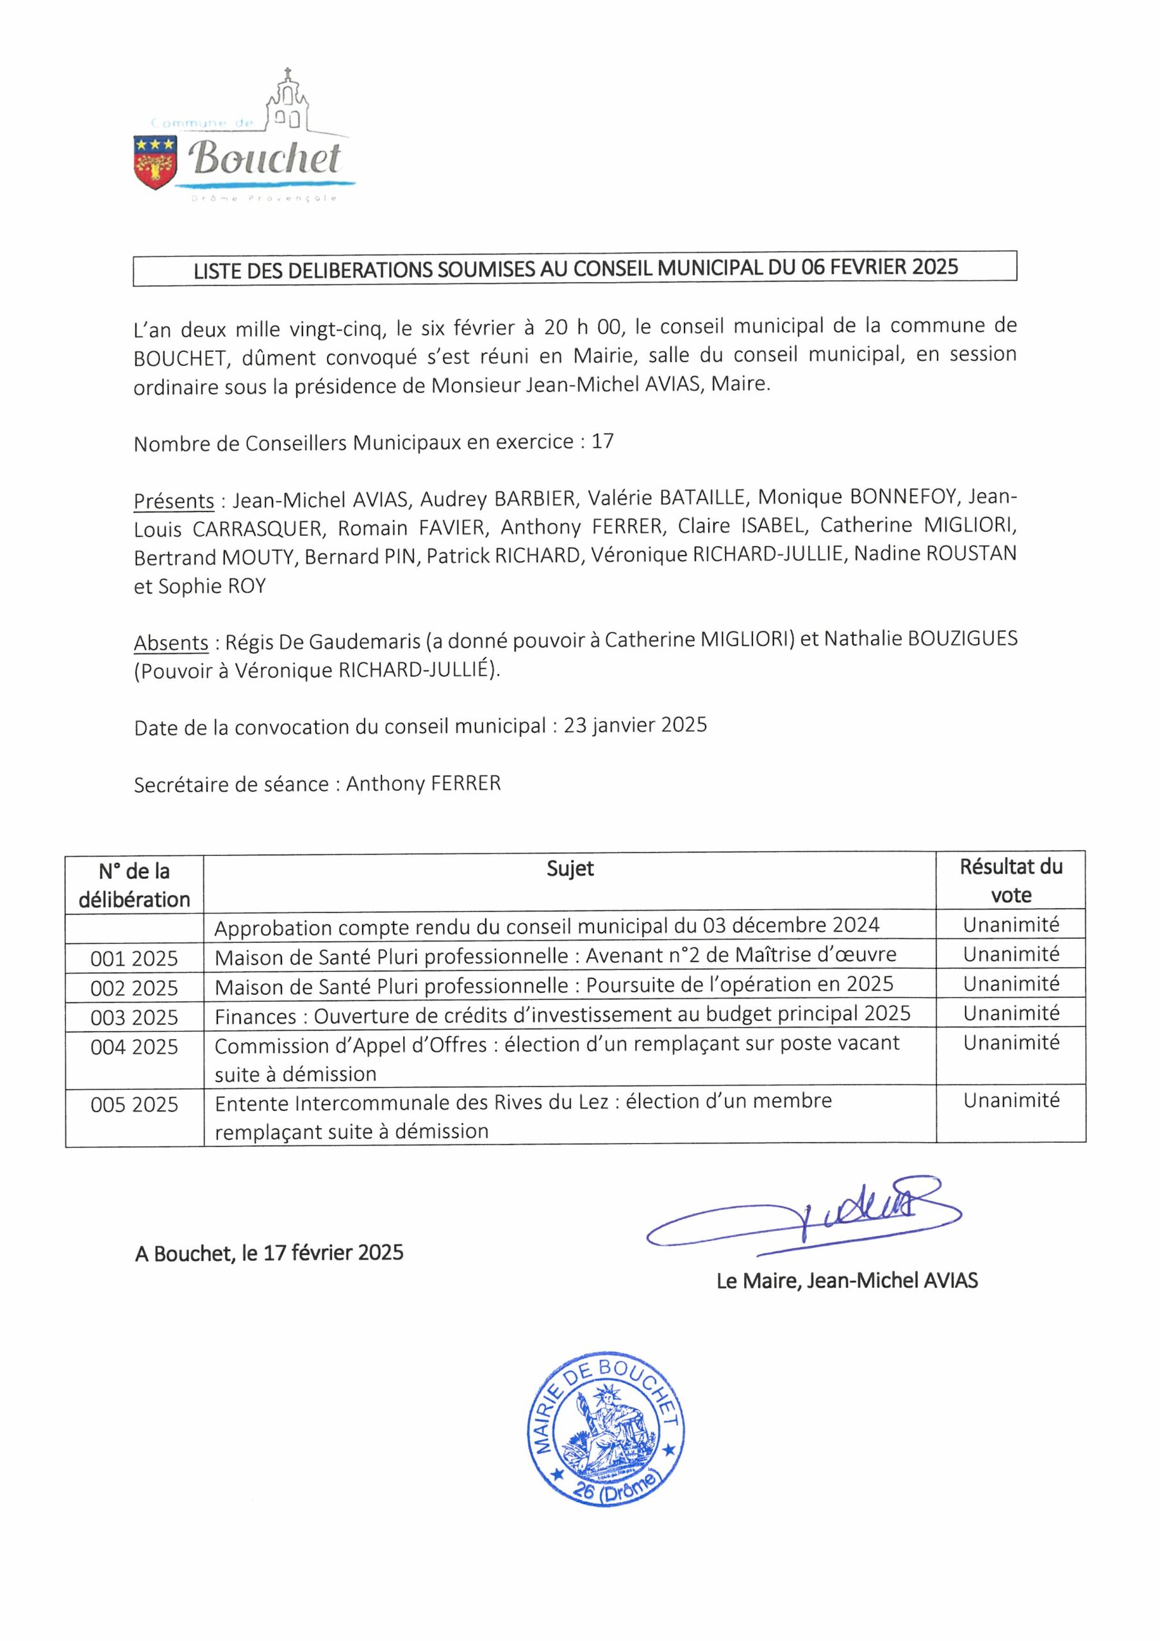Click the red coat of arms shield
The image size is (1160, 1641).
click(155, 163)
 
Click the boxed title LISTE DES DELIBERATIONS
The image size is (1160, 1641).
click(575, 268)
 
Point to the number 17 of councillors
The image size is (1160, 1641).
click(602, 442)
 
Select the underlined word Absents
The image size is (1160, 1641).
click(171, 642)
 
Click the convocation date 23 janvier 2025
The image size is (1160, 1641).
click(634, 726)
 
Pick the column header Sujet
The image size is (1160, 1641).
click(570, 869)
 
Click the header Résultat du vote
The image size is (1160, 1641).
click(1011, 881)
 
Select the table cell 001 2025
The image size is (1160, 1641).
click(134, 958)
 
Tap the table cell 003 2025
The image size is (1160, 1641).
click(134, 1017)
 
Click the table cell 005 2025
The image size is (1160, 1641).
click(134, 1105)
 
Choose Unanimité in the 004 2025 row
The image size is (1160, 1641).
click(1011, 1043)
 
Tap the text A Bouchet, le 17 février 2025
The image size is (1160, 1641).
click(269, 1252)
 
